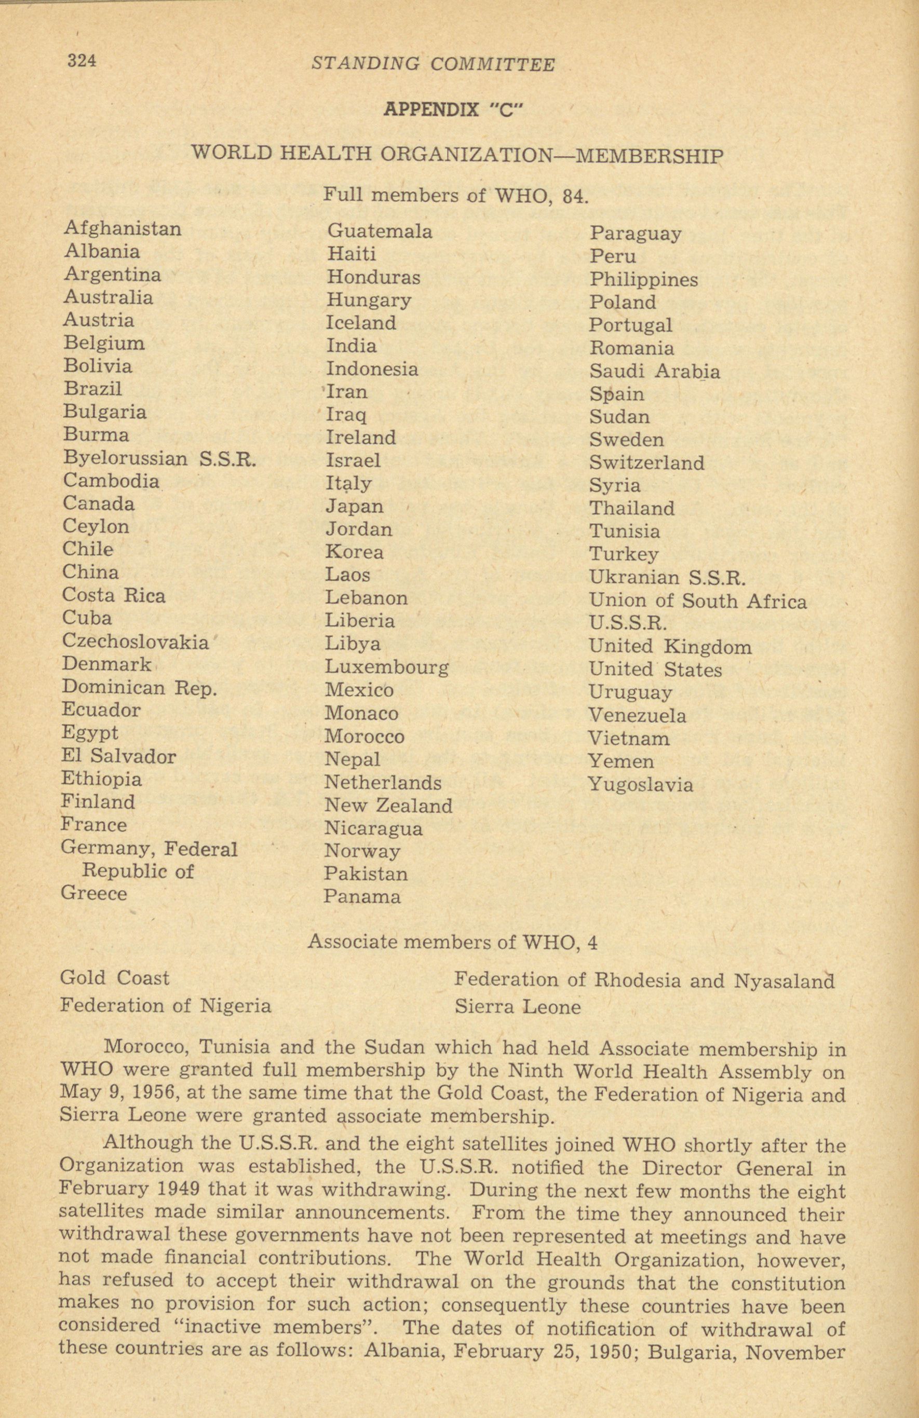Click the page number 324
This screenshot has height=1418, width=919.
[82, 61]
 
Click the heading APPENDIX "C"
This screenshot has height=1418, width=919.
[448, 110]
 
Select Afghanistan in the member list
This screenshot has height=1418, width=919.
[122, 229]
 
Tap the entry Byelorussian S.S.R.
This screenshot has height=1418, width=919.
[159, 459]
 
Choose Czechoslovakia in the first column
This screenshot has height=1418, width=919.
[136, 642]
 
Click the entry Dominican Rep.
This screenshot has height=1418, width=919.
[139, 688]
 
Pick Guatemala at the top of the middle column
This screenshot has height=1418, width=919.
[380, 231]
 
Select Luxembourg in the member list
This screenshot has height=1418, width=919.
[386, 666]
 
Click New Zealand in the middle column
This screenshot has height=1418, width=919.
[388, 806]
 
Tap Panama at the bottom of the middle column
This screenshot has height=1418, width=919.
[362, 897]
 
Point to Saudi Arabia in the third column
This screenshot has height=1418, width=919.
[654, 371]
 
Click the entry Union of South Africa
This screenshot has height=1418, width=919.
[697, 601]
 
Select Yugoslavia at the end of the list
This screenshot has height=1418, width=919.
[641, 784]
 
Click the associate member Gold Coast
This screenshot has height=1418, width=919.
[114, 978]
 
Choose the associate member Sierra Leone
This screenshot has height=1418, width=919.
[517, 1007]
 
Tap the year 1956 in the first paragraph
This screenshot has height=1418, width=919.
[126, 1095]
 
